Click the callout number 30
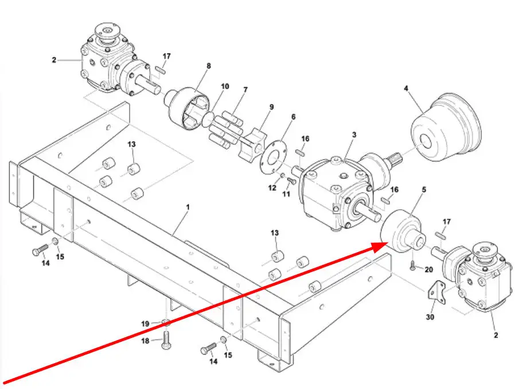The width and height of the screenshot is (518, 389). pos(430,317)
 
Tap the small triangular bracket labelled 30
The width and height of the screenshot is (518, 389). pos(437,292)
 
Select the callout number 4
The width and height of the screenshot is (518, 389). pos(406,88)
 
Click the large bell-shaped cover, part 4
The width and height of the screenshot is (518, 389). pos(446,128)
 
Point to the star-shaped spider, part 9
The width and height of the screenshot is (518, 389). pos(253,145)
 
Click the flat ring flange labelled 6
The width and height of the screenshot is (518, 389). pos(273,156)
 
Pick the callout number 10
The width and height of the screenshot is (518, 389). pos(225,86)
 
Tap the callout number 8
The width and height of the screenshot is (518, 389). pos(208,66)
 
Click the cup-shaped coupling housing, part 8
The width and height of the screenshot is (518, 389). pos(187,108)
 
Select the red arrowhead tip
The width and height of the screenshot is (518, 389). pos(387,244)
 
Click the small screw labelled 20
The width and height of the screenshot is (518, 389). pos(412,265)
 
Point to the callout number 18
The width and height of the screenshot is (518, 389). pos(145,340)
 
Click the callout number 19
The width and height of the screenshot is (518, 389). pos(145,324)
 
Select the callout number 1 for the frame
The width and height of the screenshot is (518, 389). pos(188,207)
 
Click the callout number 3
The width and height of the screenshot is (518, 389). pos(354,134)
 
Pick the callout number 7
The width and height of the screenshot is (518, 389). pos(245,90)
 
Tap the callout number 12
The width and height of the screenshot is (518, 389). pos(272,188)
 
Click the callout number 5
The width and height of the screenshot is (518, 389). pos(424,190)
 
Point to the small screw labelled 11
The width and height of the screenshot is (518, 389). pos(291,180)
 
